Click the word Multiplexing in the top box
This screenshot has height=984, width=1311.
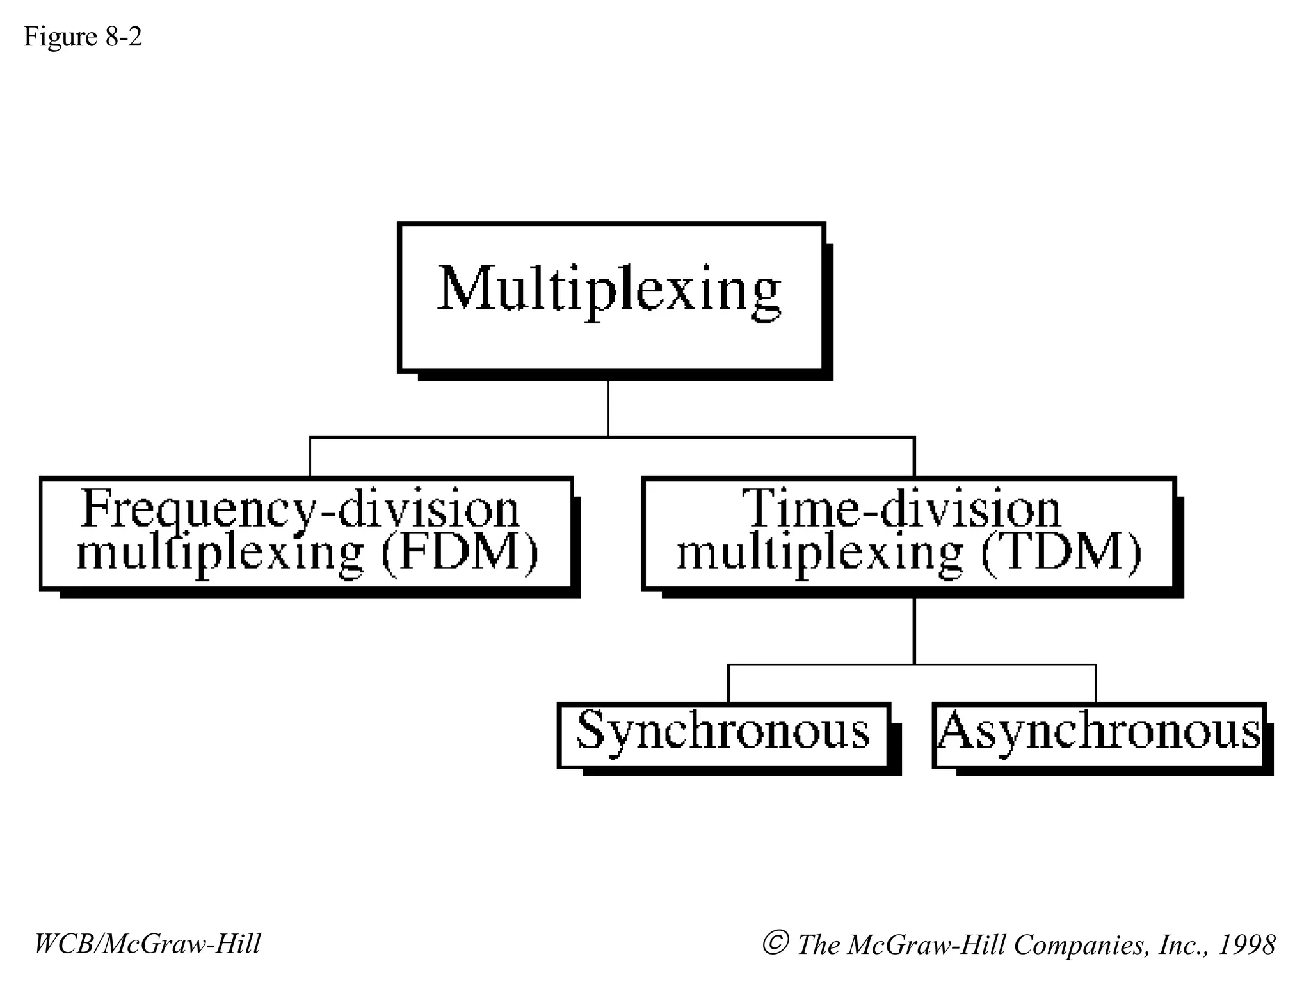tap(609, 290)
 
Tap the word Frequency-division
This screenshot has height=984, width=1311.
tap(301, 509)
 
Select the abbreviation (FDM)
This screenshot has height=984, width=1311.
tap(460, 552)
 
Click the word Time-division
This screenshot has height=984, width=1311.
tap(901, 509)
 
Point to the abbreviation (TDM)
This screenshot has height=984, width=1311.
tap(1061, 552)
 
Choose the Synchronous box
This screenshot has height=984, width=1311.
tap(723, 735)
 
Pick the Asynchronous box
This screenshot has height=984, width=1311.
tap(1099, 735)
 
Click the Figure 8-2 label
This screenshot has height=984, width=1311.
tap(83, 37)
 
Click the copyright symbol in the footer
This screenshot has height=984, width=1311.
tap(775, 943)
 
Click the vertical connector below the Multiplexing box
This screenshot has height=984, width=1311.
tap(608, 408)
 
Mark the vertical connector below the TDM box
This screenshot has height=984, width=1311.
tap(914, 631)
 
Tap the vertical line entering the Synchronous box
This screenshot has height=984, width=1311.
tap(728, 684)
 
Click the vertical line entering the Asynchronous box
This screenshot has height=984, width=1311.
tap(1096, 684)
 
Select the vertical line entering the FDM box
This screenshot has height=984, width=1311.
tap(310, 457)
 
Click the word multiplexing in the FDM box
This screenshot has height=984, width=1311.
tap(220, 553)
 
